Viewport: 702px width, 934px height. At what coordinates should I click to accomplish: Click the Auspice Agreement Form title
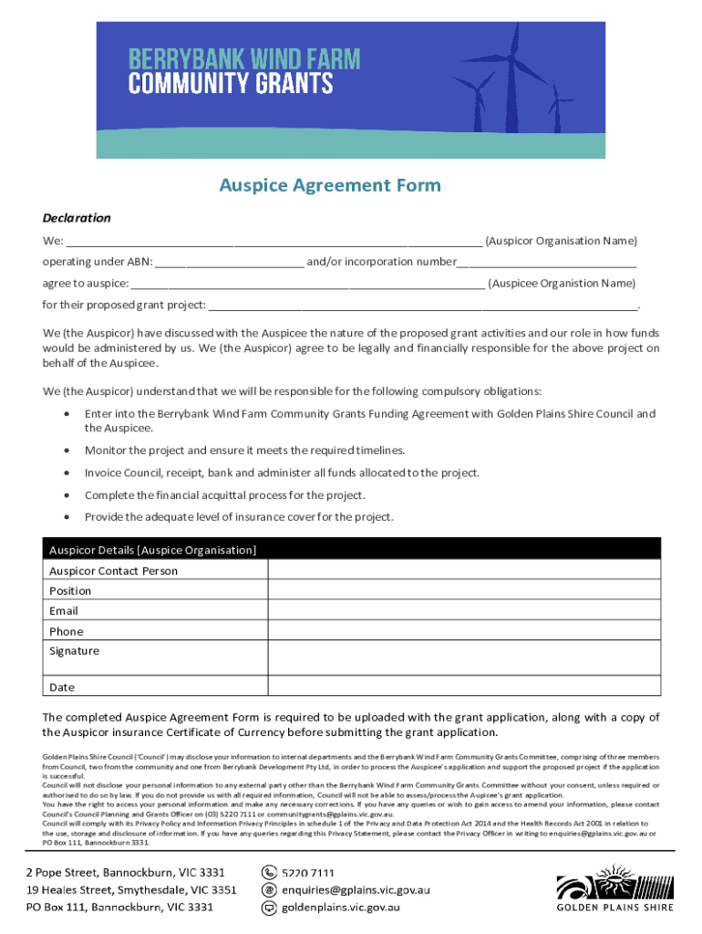tap(329, 186)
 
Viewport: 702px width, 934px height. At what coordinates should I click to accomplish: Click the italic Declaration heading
tap(77, 218)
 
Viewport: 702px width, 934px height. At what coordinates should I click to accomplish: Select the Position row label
tap(70, 591)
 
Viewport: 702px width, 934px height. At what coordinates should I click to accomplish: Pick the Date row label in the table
tap(62, 688)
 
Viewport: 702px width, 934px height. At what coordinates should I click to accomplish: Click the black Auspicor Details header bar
tap(351, 549)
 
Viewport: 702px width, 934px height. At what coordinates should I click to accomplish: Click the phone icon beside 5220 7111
tap(270, 873)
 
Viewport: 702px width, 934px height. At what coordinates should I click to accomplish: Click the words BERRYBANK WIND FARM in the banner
tap(243, 60)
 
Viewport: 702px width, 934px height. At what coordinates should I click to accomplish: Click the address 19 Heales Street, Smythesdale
tap(131, 889)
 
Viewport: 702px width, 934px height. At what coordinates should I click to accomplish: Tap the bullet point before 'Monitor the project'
tap(68, 451)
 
